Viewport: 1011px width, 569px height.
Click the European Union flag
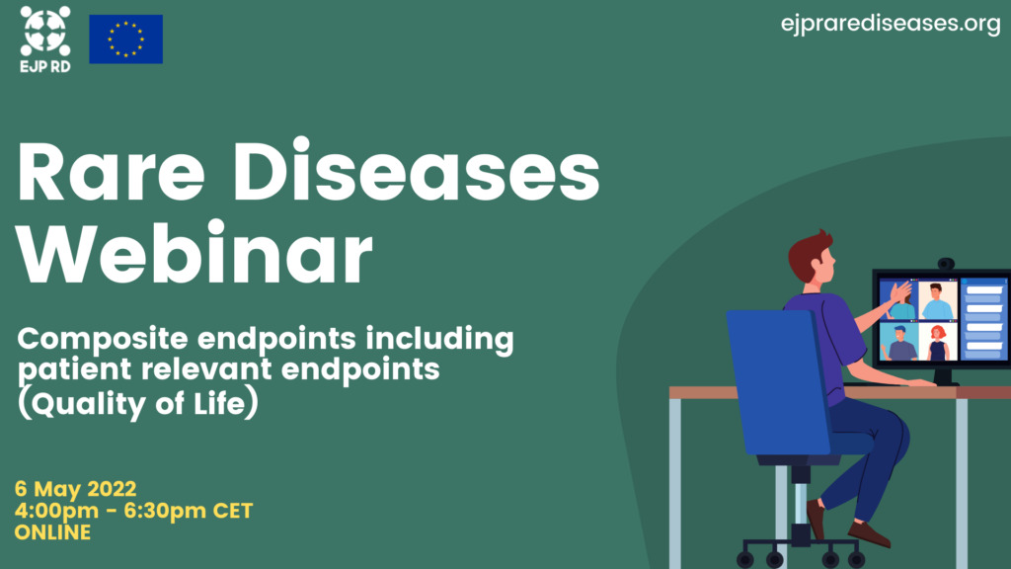125,40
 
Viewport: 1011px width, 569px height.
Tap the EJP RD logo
45,40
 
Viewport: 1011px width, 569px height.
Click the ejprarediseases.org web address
891,24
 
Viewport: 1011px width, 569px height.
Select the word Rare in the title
111,172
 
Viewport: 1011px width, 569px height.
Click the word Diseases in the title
416,170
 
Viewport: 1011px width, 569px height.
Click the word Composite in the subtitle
103,340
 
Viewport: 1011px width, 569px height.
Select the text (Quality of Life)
138,403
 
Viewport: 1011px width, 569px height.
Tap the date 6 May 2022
75,489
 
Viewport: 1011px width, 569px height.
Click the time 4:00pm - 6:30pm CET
133,511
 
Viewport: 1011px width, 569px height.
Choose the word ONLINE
53,532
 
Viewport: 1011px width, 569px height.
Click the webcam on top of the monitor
946,264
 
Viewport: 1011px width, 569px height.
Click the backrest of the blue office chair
778,380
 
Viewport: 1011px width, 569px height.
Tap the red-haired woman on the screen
938,342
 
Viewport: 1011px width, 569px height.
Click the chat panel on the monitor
984,319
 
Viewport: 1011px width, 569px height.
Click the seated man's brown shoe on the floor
869,533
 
